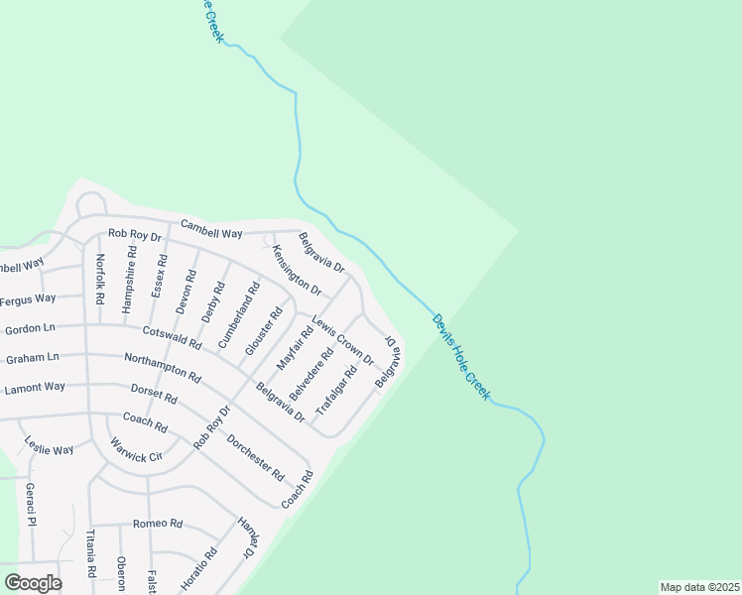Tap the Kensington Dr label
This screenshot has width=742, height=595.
[x=297, y=271]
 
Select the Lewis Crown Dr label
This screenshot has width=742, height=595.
[x=342, y=340]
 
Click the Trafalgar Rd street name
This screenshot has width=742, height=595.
[x=335, y=390]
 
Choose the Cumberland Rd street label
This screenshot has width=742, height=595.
[x=239, y=314]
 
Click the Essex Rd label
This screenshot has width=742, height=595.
[x=158, y=276]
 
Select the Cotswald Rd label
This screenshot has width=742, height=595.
[x=172, y=338]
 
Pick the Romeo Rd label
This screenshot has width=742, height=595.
[x=158, y=523]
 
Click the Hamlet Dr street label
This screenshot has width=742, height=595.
[x=246, y=537]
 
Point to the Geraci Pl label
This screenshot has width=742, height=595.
[x=31, y=506]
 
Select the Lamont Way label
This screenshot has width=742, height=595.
[x=35, y=388]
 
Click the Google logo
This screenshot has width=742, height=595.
[x=34, y=583]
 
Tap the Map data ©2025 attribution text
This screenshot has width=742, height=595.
[x=699, y=587]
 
